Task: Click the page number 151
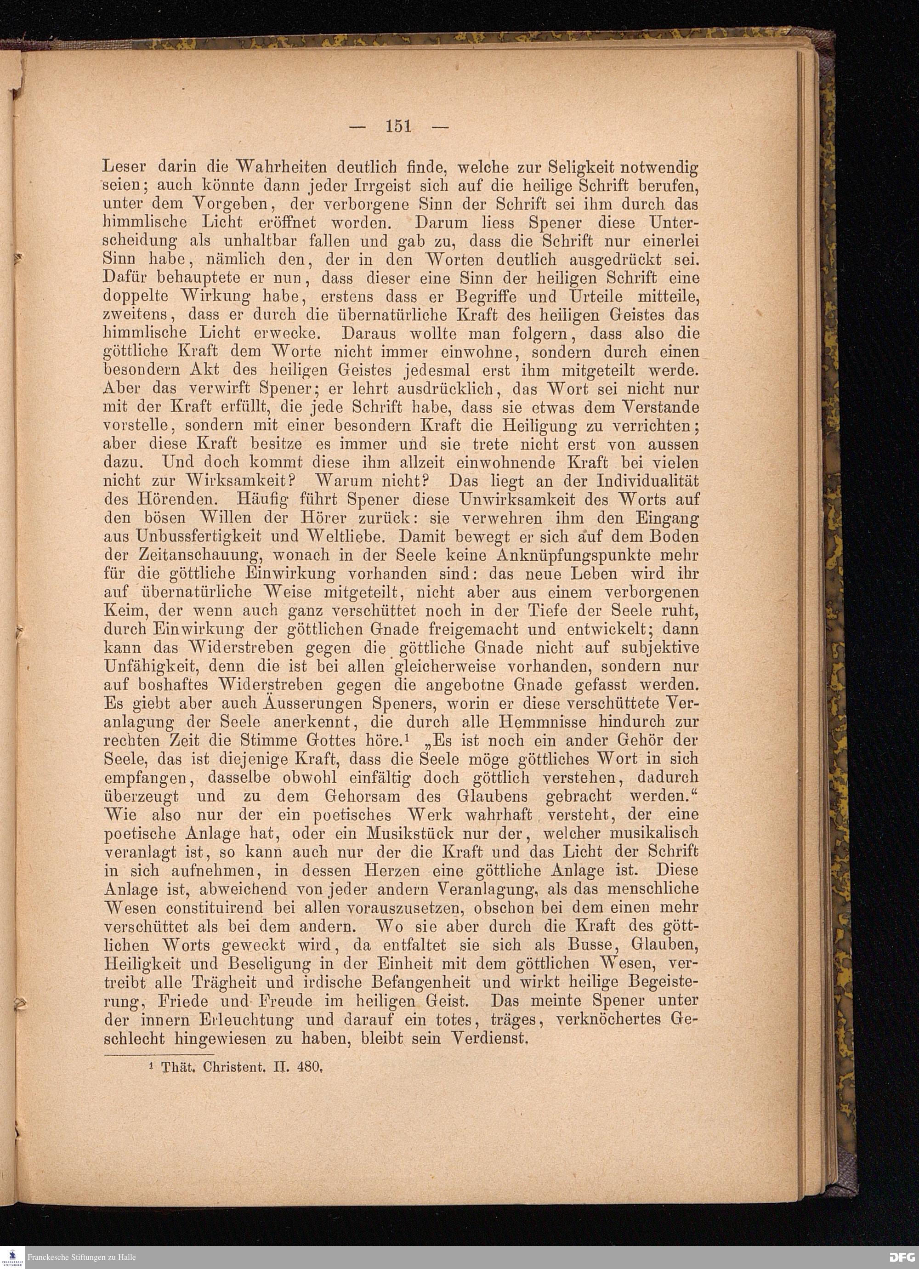pos(398,126)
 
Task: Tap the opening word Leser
pos(125,167)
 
